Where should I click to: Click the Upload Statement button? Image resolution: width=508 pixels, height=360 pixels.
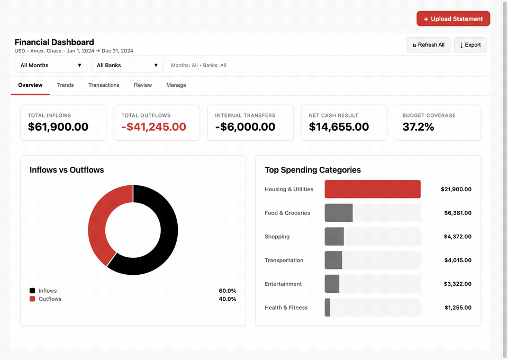453,19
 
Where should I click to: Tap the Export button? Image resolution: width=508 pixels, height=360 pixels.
470,44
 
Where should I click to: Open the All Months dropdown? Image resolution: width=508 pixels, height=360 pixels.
51,65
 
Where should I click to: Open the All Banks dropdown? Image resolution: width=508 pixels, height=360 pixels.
128,65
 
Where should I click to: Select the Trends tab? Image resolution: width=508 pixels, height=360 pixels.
66,85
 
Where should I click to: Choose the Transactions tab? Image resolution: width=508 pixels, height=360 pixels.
104,85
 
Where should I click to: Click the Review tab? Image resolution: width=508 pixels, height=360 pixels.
143,85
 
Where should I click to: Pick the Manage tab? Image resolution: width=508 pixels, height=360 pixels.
176,85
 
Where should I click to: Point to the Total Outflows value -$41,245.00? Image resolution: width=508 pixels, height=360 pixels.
154,127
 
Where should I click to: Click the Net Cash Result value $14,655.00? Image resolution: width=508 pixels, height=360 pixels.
339,127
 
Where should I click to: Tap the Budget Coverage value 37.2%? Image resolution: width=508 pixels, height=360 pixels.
418,127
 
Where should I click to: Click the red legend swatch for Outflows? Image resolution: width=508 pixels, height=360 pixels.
32,299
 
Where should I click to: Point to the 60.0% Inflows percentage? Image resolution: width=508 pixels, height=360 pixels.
228,291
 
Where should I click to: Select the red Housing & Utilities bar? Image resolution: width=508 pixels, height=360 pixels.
373,189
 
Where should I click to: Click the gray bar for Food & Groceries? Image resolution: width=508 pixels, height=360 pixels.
339,213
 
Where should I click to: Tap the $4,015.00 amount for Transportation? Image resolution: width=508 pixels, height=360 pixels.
458,260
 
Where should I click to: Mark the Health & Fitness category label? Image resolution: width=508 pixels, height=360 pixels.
286,308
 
